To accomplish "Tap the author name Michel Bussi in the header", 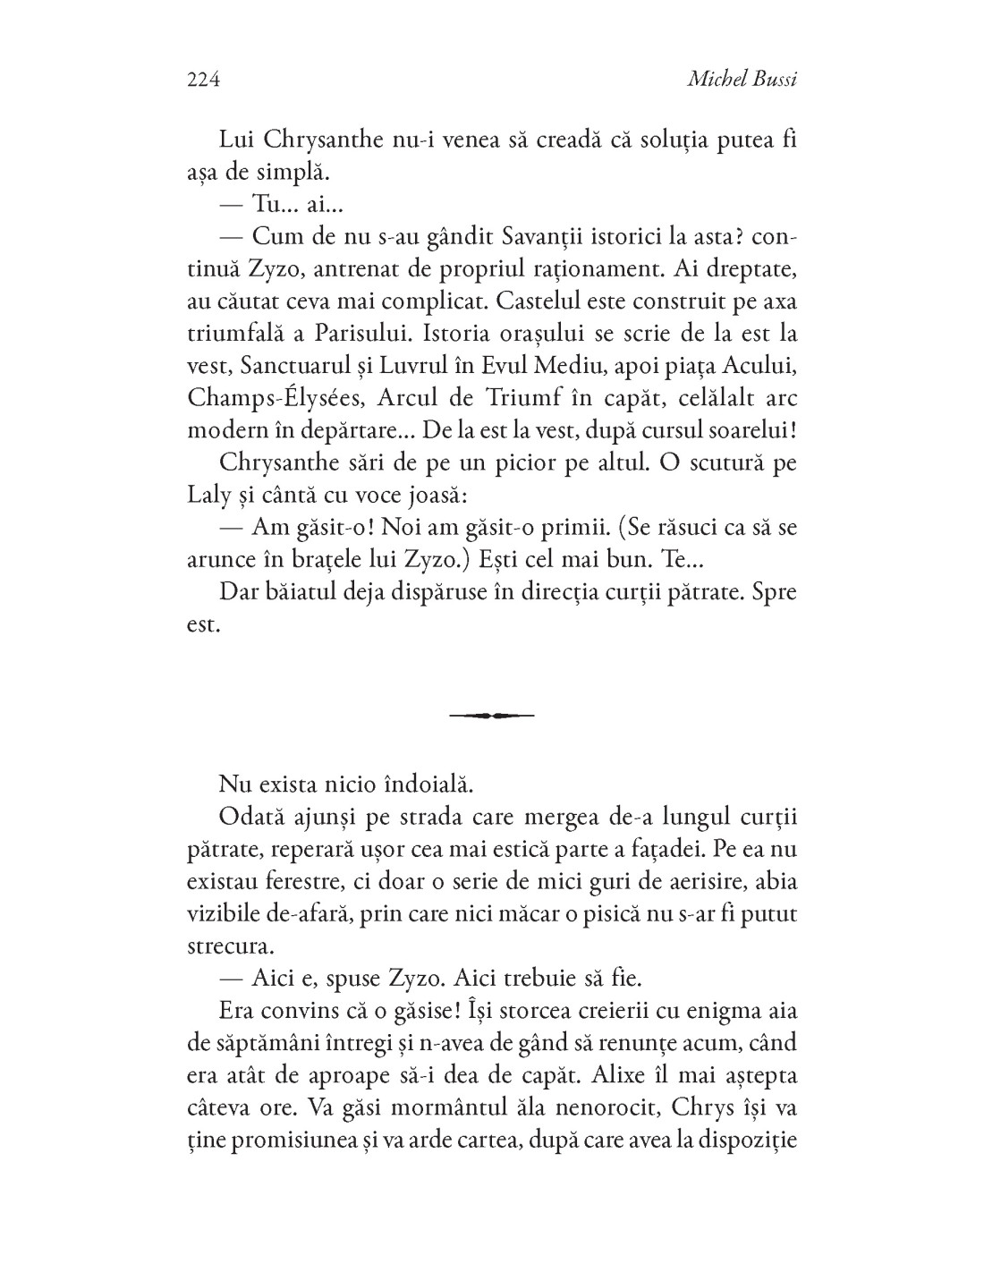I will [742, 80].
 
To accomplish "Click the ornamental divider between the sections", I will [491, 715].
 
